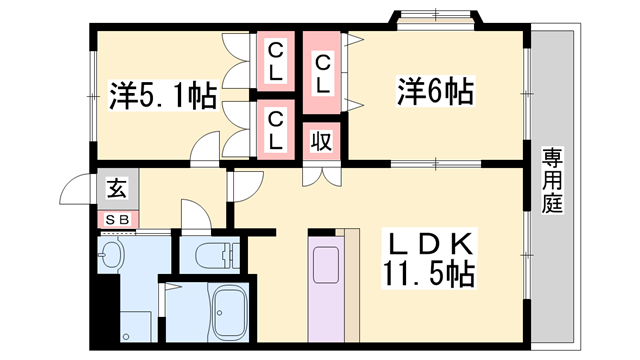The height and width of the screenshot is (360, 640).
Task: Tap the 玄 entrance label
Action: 116,187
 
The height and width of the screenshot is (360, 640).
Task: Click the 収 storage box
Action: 321,141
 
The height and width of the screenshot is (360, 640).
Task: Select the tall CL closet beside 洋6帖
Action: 322,74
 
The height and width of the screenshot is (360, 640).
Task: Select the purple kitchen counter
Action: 325,290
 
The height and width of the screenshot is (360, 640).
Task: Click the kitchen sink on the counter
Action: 325,265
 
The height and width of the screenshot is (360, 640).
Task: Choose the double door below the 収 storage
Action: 321,176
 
